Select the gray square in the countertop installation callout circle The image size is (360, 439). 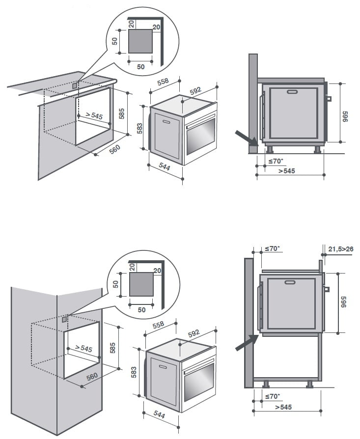pos(140,41)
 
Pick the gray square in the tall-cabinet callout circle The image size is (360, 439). pos(141,284)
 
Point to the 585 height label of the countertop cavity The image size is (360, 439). pos(122,113)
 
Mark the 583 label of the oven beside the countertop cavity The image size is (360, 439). pos(139,129)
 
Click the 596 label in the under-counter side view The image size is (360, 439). pos(345,116)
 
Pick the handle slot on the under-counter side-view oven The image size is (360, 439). pos(293,91)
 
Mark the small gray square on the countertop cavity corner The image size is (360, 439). pos(75,85)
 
